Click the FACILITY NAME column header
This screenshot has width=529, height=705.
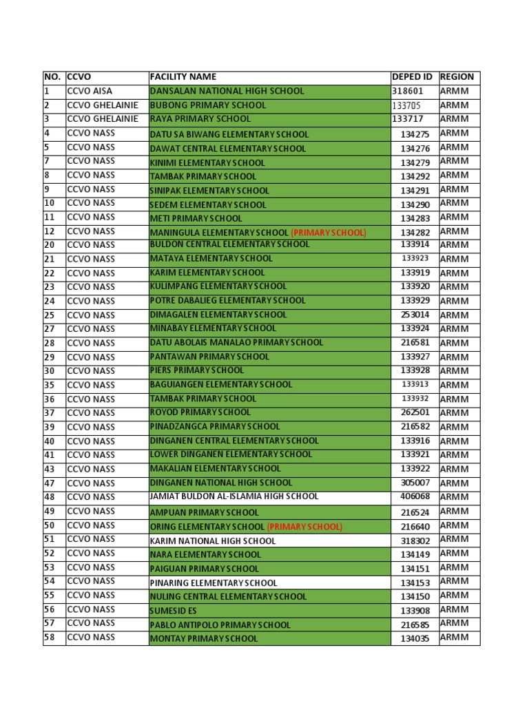183,77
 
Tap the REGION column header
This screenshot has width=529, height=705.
457,77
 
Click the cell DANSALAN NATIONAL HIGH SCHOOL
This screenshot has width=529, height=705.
227,91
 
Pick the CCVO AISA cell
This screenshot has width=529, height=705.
90,91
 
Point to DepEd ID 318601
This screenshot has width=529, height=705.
408,91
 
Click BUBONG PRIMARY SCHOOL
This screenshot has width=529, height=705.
208,105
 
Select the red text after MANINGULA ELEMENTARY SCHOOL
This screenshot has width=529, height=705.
329,233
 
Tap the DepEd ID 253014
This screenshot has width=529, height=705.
415,315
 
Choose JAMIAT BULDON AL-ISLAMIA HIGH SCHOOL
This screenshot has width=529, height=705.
234,496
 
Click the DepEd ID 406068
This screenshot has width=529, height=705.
415,496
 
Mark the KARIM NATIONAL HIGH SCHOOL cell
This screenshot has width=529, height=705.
213,541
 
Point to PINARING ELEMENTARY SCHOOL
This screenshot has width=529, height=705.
214,583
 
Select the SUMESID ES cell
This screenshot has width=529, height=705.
173,611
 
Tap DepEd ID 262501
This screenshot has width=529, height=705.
415,412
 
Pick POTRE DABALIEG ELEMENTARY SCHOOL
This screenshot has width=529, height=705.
227,300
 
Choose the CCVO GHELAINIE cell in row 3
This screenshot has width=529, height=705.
102,119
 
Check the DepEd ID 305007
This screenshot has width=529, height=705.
415,483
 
